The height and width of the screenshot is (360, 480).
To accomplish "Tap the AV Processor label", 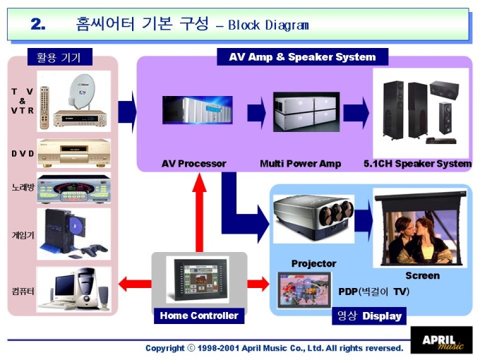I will [193, 164].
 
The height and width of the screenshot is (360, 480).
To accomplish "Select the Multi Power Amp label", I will [300, 164].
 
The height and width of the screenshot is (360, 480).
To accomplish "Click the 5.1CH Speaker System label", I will [417, 164].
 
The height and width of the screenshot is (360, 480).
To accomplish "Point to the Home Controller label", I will [199, 316].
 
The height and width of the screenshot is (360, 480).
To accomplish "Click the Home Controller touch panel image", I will [198, 280].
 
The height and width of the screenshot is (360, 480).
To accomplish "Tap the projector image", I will [312, 216].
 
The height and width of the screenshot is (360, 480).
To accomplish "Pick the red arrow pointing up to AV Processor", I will [200, 212].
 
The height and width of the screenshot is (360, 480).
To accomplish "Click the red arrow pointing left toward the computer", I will [134, 284].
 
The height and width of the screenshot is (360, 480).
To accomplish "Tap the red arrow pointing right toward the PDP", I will [258, 284].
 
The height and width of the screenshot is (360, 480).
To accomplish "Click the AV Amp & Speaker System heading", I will [302, 57].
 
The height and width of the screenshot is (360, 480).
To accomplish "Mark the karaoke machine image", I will [73, 188].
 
